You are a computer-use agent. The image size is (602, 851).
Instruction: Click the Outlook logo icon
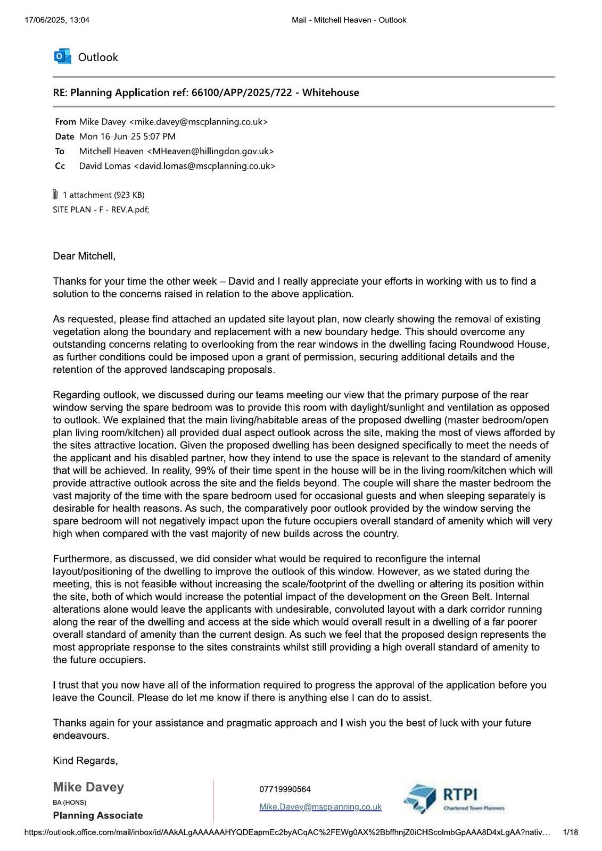pos(62,57)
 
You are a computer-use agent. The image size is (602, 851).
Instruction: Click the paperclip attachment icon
pos(55,195)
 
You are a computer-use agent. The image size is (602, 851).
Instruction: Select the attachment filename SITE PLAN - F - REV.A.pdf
pos(101,210)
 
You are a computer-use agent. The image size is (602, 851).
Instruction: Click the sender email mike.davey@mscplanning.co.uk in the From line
pos(198,122)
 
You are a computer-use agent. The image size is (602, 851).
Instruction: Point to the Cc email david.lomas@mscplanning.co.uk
pos(204,166)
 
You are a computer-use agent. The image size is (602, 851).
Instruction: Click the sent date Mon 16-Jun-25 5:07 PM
pos(127,137)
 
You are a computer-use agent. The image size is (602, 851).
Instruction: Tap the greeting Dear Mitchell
pos(84,256)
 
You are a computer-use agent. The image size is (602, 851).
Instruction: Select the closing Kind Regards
pos(85,761)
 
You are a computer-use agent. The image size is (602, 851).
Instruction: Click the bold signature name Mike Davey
pos(88,787)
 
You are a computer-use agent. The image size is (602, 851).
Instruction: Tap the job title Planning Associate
pos(98,815)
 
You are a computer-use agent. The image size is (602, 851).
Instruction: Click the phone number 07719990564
pos(285,789)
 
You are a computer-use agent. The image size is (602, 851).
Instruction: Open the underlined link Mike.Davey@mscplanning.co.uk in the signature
pos(320,807)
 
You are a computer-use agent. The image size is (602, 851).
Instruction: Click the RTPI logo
pos(454,798)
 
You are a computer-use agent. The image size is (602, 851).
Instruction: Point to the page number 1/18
pos(570,832)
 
